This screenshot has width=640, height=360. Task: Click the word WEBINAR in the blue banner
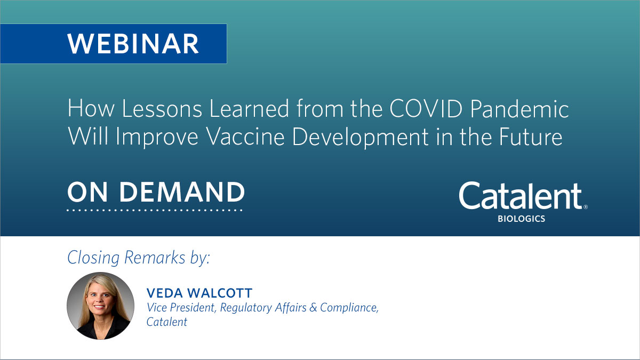tap(133, 44)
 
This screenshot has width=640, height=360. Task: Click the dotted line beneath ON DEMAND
tap(155, 210)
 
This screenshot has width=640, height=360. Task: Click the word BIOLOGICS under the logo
tap(521, 219)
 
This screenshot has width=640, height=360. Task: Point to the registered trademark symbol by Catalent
tap(585, 207)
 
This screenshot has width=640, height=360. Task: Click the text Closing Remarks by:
tap(139, 258)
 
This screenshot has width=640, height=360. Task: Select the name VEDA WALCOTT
tap(192, 293)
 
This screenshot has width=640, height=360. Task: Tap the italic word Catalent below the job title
tap(166, 322)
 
